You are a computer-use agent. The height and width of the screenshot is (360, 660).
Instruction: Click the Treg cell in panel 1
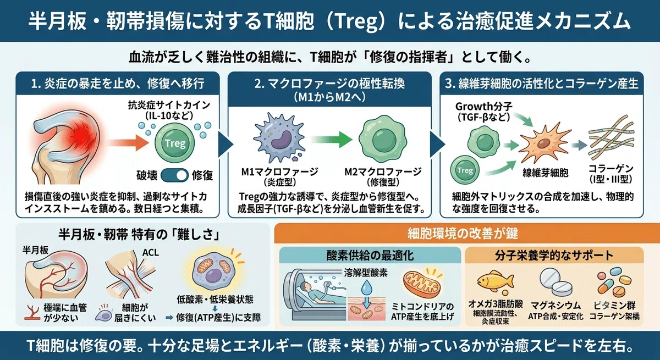tap(175, 143)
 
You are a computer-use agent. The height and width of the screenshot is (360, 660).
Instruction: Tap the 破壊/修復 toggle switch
tap(175, 175)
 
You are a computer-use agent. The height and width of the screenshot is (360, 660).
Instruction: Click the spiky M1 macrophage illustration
tap(278, 137)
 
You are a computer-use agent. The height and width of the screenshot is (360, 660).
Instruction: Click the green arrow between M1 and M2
tap(332, 139)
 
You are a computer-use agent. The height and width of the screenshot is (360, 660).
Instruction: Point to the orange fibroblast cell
tap(542, 144)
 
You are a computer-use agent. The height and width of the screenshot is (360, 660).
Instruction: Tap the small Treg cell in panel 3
tap(465, 170)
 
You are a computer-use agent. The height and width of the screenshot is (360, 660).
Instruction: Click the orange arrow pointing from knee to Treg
tap(128, 143)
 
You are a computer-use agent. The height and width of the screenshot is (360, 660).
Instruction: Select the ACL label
tap(150, 253)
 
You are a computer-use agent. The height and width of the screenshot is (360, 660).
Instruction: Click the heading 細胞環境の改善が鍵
tap(463, 234)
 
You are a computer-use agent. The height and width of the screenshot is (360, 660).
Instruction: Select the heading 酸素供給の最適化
tap(370, 255)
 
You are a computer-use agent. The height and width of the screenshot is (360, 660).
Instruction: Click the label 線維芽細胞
tap(546, 173)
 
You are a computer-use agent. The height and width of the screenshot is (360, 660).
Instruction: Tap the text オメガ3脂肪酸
tap(496, 304)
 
